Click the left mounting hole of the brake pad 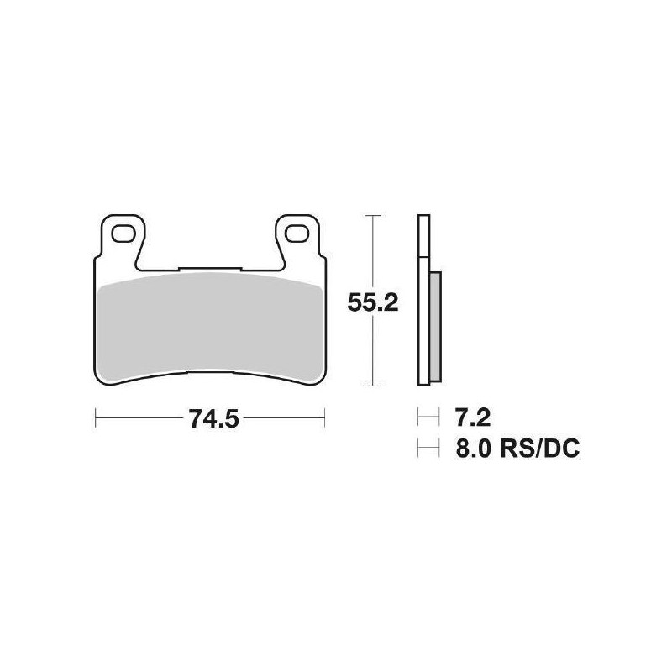point(124,233)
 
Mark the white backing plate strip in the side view point(423,302)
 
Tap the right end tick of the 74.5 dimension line point(324,415)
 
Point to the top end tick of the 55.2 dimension point(372,216)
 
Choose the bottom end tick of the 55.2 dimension point(372,387)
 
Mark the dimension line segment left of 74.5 point(139,415)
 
